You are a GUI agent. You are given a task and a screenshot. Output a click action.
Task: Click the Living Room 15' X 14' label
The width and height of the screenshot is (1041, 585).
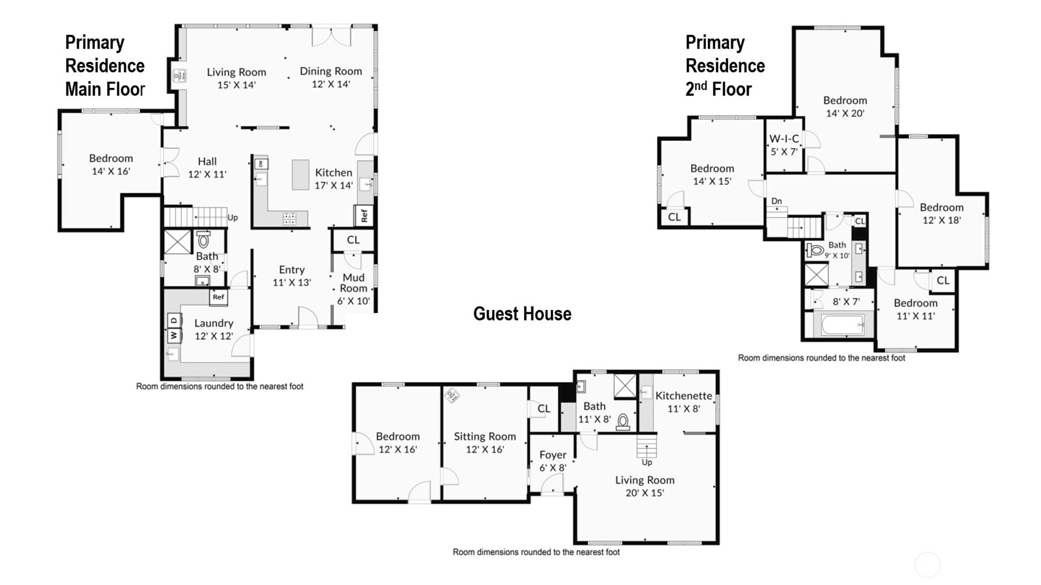click(x=236, y=78)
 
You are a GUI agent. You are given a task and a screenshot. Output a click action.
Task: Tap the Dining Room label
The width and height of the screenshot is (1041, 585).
click(x=331, y=71)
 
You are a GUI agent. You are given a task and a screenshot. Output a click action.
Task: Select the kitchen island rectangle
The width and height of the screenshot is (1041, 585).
click(x=300, y=175)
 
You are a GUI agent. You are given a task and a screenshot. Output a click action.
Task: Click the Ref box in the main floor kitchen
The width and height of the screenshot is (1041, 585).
click(x=364, y=215)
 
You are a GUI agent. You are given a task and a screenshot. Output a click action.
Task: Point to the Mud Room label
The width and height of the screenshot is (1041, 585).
click(x=353, y=282)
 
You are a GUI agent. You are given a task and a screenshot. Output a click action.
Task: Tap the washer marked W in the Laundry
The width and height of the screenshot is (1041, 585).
click(x=174, y=335)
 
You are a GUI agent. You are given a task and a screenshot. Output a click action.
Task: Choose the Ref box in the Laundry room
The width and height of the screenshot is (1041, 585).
click(x=218, y=297)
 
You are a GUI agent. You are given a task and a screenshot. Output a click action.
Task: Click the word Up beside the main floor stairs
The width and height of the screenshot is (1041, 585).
click(x=233, y=218)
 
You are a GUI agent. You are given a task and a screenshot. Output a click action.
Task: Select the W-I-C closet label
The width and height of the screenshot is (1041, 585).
click(x=784, y=139)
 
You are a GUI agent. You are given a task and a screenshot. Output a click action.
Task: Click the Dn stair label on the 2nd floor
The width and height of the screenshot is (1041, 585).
click(x=777, y=201)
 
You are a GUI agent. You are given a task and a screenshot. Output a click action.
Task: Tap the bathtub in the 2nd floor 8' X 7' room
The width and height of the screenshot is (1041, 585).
click(x=843, y=325)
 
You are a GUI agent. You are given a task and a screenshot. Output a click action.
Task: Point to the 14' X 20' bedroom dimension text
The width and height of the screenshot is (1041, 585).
click(x=845, y=113)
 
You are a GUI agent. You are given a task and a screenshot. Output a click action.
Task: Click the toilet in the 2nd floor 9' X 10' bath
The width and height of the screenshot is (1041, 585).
click(x=815, y=250)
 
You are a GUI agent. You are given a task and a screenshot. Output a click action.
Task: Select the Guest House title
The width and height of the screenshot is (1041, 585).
click(x=522, y=314)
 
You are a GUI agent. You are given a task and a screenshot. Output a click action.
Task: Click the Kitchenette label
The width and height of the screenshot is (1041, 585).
click(x=684, y=396)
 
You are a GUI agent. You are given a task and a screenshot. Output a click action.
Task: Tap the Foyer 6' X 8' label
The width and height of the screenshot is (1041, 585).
click(x=553, y=461)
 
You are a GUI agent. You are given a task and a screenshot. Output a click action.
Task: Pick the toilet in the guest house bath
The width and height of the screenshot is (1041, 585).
click(x=623, y=422)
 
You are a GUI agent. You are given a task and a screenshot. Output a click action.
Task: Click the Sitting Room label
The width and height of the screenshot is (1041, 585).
click(x=485, y=436)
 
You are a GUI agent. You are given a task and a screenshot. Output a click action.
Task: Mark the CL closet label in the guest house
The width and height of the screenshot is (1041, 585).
click(x=543, y=409)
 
